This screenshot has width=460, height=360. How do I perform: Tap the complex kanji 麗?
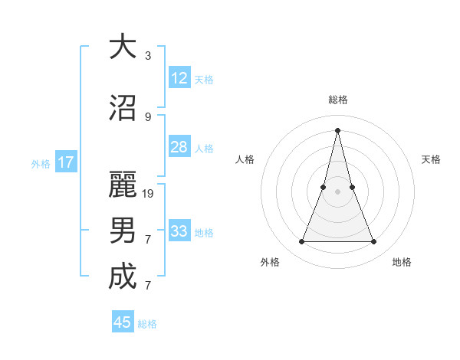[x=123, y=185]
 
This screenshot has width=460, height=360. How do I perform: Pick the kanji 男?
[x=123, y=231]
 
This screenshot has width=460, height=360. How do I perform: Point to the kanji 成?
[x=123, y=277]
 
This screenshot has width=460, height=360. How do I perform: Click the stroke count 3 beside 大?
[x=148, y=56]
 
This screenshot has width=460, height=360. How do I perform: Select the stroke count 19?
[x=149, y=193]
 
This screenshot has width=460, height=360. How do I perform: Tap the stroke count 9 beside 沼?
[x=148, y=117]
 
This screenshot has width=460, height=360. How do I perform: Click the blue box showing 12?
[x=179, y=78]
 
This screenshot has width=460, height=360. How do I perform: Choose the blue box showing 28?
[x=179, y=147]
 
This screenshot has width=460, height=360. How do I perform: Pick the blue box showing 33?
[x=179, y=231]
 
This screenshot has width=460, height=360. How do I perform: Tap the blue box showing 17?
[x=66, y=162]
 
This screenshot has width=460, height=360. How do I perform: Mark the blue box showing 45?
[x=123, y=322]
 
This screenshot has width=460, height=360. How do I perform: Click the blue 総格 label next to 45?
[x=148, y=324]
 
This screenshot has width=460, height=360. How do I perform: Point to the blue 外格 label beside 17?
[x=41, y=163]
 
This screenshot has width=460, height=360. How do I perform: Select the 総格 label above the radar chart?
[x=337, y=100]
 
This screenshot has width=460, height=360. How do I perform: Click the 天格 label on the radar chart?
[x=432, y=159]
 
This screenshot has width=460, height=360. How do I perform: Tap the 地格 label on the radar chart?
[x=402, y=262]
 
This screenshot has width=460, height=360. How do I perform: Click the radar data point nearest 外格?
[x=301, y=242]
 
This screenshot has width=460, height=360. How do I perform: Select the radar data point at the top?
[x=337, y=129]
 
